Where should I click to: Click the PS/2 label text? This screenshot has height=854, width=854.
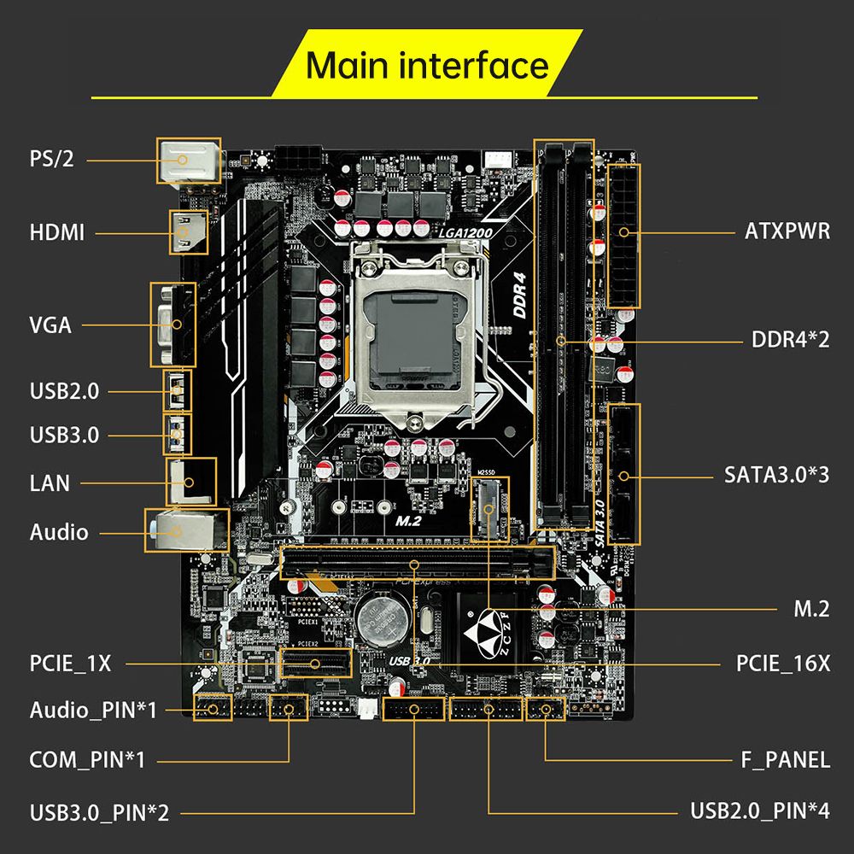click(x=52, y=160)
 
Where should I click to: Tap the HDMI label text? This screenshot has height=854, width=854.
click(x=57, y=232)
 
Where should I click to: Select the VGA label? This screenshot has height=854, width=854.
click(x=50, y=325)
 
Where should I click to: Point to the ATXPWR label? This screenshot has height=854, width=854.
click(x=787, y=231)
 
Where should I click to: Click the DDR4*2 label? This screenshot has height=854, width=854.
click(x=790, y=340)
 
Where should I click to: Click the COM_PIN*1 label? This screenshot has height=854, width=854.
click(x=87, y=759)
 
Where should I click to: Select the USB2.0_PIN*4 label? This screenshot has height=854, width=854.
click(x=759, y=810)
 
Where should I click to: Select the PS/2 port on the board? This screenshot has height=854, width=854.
click(x=187, y=160)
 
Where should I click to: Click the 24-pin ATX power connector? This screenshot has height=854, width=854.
click(x=623, y=232)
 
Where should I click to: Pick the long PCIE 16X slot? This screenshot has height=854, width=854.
click(x=418, y=564)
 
